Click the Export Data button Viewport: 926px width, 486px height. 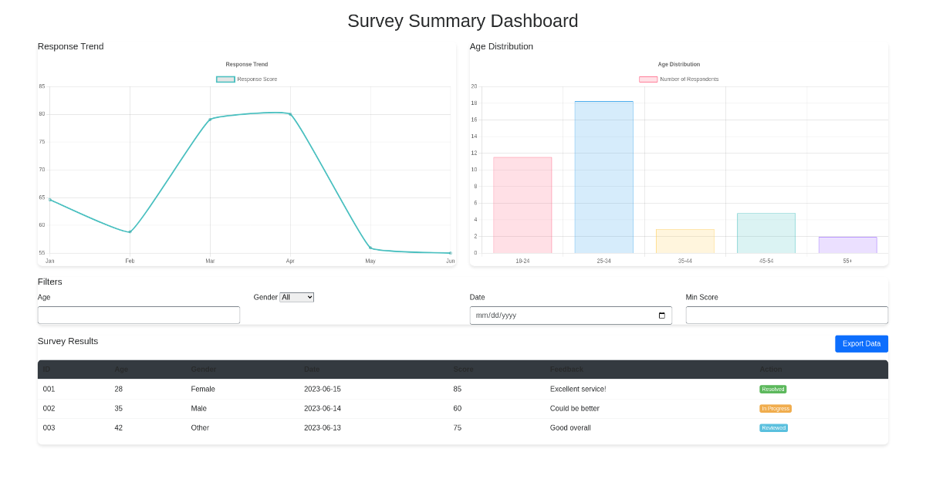pos(861,343)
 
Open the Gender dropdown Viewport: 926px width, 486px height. pos(296,297)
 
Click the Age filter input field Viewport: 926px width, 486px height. pos(139,315)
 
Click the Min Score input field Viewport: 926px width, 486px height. pos(786,315)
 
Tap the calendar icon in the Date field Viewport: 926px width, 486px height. pos(661,316)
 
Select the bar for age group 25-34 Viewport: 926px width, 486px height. pos(603,177)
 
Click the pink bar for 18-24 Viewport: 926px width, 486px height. pos(522,205)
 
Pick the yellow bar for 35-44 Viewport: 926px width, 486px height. pos(684,241)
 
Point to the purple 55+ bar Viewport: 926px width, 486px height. pos(847,245)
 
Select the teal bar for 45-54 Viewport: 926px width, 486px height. pos(765,233)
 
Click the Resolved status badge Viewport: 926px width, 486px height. pos(773,390)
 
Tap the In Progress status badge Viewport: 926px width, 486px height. pos(776,409)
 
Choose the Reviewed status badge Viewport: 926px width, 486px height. pos(773,428)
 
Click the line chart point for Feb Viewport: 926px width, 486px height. pos(130,232)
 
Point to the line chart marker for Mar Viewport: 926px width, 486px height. pos(210,120)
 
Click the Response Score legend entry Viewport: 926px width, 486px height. pos(247,79)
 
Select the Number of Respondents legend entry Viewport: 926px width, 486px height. pos(679,79)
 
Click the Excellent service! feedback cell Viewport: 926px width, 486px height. pos(578,389)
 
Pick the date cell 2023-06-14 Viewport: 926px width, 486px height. pos(323,408)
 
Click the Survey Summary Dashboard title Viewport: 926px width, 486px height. pos(462,21)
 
